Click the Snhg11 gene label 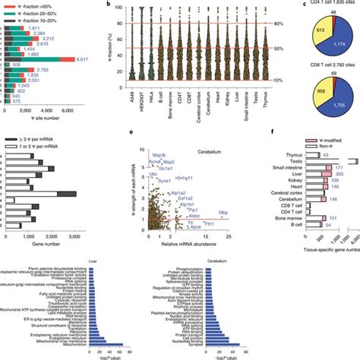tap(186, 176)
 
